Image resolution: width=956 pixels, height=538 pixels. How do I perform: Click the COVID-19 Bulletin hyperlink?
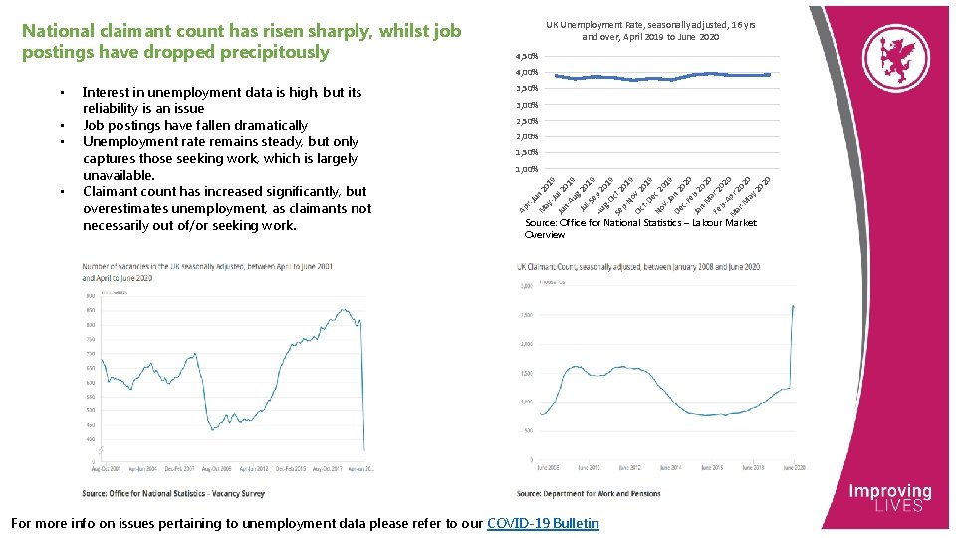click(543, 523)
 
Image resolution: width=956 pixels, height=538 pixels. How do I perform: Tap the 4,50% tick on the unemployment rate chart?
click(527, 56)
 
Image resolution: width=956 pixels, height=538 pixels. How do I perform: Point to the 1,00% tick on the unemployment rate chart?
click(527, 169)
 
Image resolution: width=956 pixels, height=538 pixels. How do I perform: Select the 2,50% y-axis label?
click(527, 121)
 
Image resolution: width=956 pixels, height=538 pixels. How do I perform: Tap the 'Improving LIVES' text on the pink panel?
click(889, 498)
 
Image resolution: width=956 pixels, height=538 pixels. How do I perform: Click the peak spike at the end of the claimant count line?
click(794, 307)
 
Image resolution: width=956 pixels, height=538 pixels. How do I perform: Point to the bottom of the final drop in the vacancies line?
click(364, 451)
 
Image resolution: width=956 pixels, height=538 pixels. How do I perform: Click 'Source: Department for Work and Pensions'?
click(589, 493)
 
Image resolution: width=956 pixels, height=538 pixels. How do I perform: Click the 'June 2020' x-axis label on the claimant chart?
click(794, 467)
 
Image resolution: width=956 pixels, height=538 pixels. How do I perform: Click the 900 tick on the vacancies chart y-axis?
click(90, 295)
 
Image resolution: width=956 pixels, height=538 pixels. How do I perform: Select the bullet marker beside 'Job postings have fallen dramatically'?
click(61, 126)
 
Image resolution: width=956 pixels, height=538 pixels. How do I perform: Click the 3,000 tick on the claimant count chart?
click(525, 286)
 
